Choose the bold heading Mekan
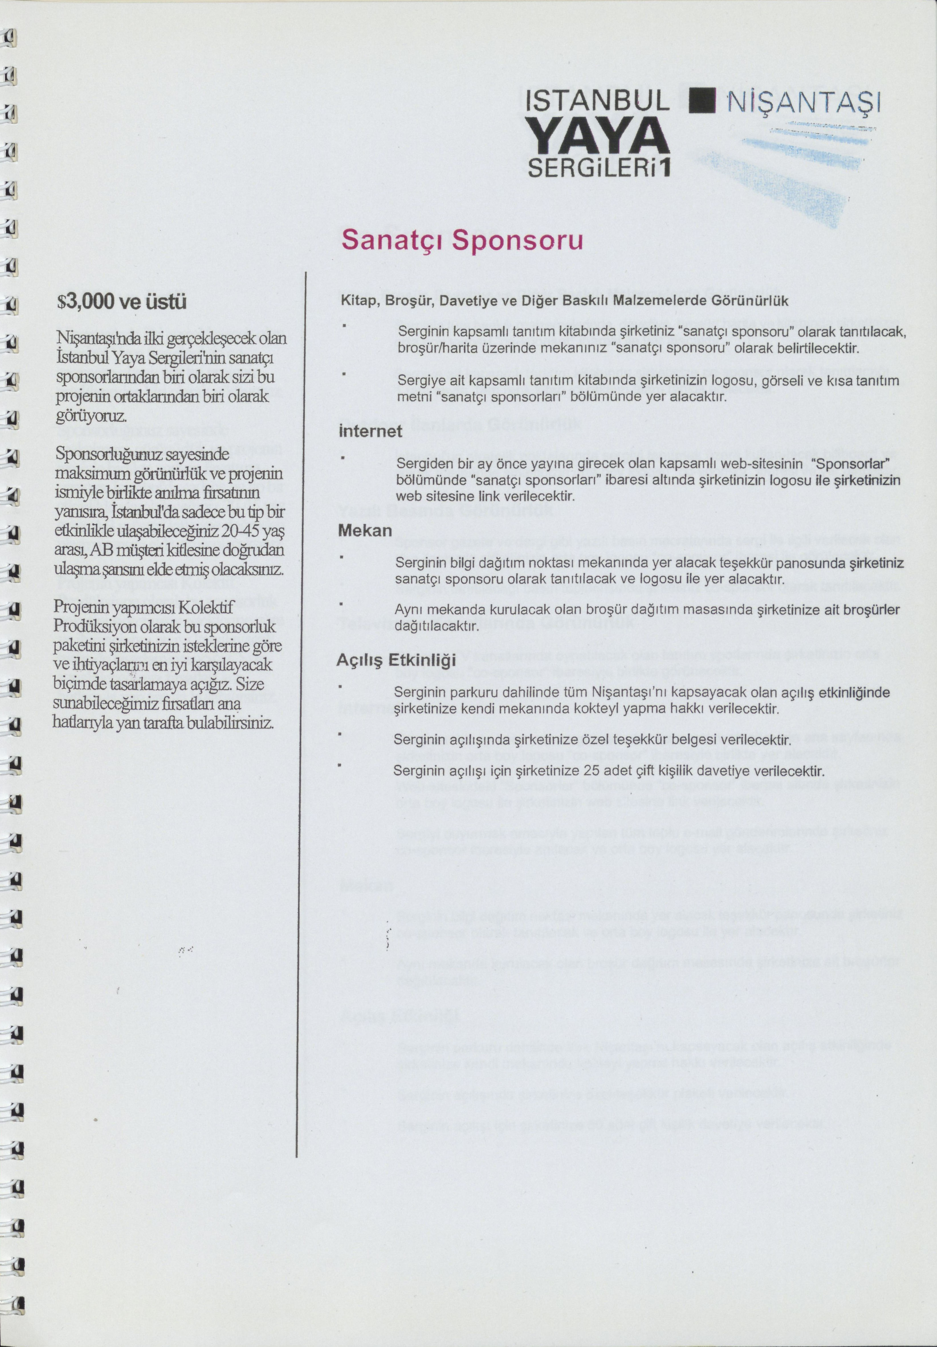(365, 530)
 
